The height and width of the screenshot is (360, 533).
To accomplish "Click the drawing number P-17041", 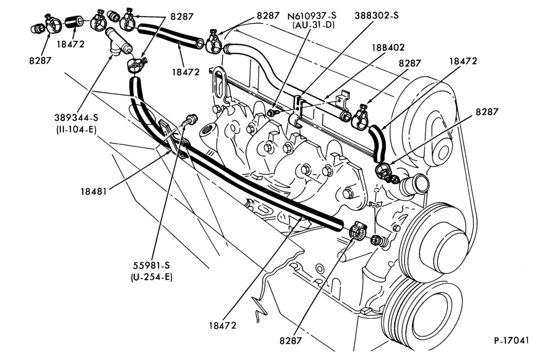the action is [512, 340].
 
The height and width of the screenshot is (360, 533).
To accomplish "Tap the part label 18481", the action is [93, 192].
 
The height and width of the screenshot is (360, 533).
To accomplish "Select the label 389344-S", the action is [76, 118].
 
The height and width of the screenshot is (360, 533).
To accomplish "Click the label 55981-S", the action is [151, 265].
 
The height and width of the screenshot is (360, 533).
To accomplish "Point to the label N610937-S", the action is [312, 15].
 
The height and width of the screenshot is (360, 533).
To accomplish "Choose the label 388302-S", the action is [377, 15].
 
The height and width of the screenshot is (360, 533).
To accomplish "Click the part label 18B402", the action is [388, 47].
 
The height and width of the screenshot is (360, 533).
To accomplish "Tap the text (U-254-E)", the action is [151, 277].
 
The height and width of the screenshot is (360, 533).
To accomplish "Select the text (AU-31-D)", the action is [313, 25].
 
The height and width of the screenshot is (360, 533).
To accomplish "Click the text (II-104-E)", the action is [76, 129].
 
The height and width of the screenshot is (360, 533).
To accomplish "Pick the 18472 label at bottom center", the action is [223, 325].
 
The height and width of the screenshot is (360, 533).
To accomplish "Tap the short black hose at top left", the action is [74, 22].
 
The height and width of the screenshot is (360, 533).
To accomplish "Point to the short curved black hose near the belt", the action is [377, 143].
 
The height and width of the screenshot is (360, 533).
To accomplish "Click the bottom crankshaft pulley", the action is [422, 312].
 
